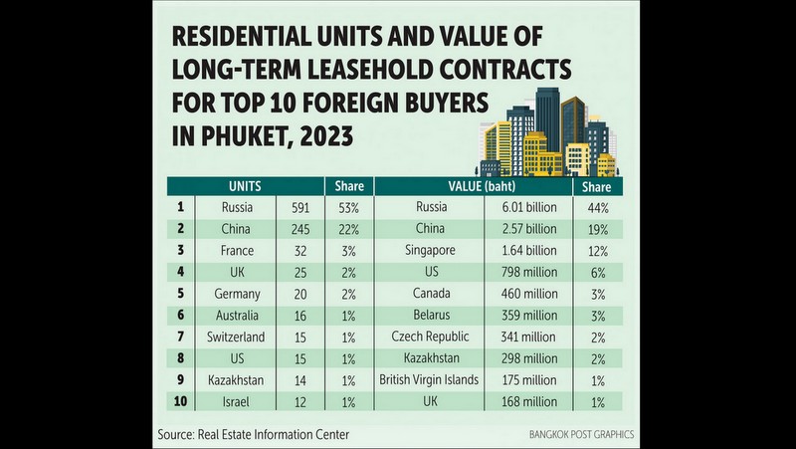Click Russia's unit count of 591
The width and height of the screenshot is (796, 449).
point(300,208)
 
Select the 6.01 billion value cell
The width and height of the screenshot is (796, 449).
point(529,207)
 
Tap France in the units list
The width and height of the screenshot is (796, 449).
point(237,251)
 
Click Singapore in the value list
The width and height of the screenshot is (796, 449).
point(430,251)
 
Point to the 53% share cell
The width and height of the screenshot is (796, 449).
point(349,208)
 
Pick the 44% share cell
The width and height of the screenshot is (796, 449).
point(598,208)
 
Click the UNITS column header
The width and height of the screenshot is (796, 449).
point(245,186)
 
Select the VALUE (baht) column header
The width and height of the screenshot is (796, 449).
point(482,186)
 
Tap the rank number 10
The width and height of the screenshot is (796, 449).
point(180,401)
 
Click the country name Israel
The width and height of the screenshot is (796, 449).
point(236,402)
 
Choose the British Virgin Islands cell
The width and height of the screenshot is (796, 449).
point(429,380)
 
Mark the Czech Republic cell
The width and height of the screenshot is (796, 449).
point(430,337)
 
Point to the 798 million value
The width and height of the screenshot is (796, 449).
point(528,272)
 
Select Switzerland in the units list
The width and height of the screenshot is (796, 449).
point(236,337)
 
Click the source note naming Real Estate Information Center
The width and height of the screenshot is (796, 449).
point(254,435)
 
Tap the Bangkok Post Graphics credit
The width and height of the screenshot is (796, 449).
point(581,435)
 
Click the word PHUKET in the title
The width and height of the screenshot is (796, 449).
point(244,136)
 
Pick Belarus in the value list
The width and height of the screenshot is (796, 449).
point(432,315)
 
